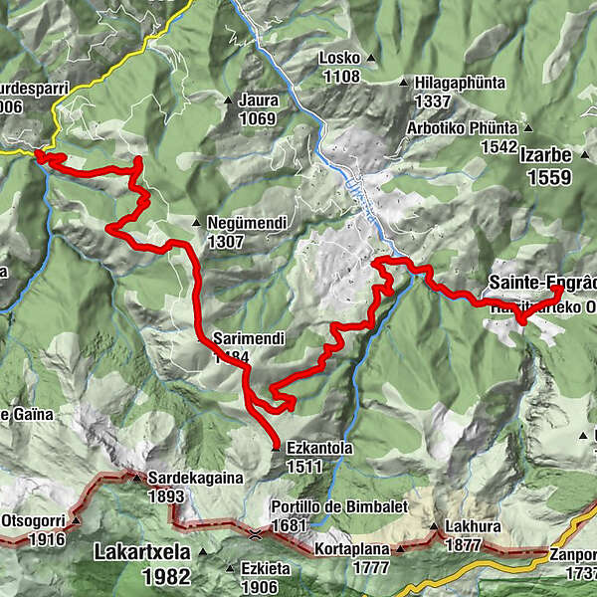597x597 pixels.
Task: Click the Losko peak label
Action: [338, 58]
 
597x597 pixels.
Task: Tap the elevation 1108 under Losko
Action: [340, 76]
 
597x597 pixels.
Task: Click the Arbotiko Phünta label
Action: [463, 128]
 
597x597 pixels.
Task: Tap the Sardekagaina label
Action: [196, 478]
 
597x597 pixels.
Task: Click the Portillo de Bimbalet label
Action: [339, 506]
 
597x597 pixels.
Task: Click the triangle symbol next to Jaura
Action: [227, 100]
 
